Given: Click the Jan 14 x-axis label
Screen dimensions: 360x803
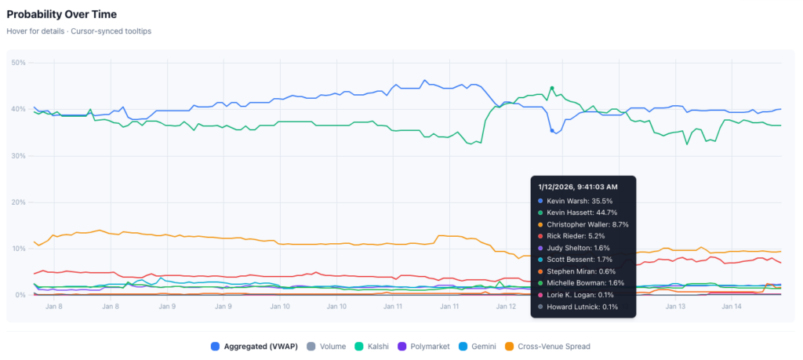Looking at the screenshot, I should point(732,307).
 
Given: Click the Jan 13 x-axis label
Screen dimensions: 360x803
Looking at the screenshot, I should point(675,307).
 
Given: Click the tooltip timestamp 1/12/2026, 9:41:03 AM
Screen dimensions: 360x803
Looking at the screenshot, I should point(577,187).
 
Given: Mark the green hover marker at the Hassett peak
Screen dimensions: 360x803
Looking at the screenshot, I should point(552,88).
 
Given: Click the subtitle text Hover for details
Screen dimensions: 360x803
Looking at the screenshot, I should point(37,32).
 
